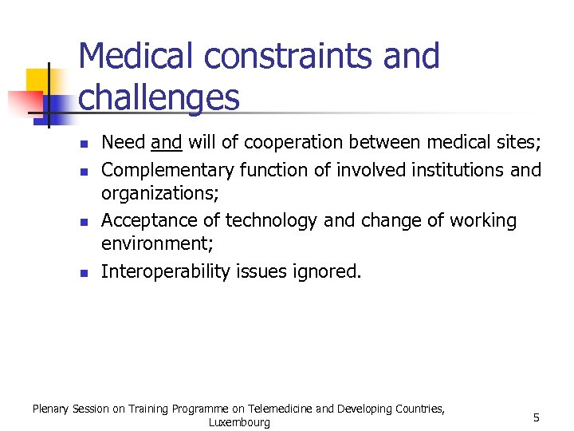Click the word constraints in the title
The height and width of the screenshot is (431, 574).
(277, 57)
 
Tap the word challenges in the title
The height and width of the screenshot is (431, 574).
(159, 97)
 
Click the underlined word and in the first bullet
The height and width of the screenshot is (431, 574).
(167, 143)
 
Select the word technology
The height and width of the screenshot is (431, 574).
(273, 220)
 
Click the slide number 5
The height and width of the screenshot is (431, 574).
(537, 417)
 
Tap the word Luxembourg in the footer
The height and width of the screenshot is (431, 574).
(239, 422)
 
